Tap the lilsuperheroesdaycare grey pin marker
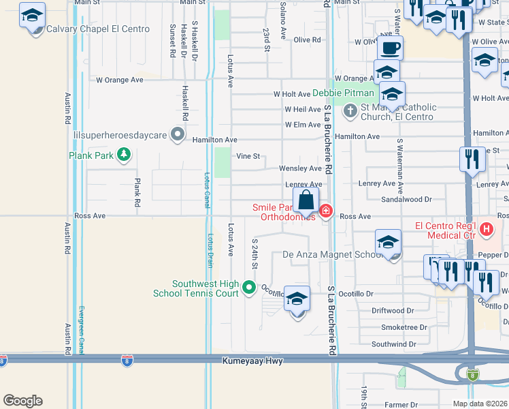point(178,134)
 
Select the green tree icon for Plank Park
point(124,155)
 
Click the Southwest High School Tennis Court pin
point(249,287)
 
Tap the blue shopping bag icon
point(306,200)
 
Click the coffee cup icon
point(390,48)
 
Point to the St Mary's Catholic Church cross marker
point(350,110)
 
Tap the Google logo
point(22,400)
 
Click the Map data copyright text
point(480,404)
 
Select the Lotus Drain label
point(209,250)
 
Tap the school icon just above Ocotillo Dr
point(297,299)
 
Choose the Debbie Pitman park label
point(344,93)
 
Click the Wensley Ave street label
point(300,168)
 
